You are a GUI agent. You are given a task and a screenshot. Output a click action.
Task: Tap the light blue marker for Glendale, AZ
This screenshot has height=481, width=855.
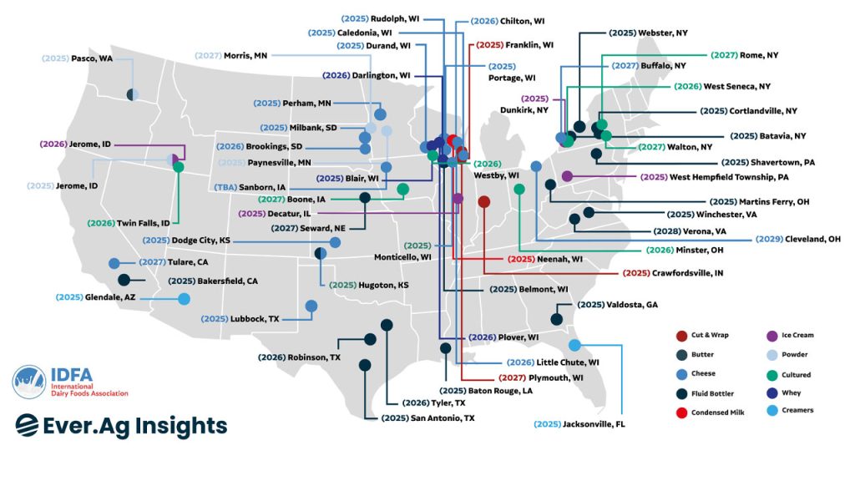184,299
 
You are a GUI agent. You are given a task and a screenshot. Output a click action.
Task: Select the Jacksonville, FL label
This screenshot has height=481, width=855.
579,424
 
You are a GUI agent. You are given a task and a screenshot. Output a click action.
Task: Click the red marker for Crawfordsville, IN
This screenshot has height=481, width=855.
484,201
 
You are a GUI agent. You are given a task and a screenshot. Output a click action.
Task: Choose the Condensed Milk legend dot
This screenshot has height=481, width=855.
681,413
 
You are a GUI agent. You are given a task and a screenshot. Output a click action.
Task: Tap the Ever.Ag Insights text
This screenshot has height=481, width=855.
121,425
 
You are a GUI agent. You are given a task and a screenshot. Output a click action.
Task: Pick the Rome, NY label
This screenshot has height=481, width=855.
745,54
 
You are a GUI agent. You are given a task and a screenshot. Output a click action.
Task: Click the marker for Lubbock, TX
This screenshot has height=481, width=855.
311,306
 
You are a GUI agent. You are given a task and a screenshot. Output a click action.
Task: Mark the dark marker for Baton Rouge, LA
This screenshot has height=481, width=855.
446,348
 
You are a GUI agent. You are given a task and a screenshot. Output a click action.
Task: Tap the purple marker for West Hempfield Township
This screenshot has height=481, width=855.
567,176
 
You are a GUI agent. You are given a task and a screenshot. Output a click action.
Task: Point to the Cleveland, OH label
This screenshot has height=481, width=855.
798,239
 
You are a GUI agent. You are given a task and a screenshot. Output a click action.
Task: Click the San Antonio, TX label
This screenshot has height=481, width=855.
427,418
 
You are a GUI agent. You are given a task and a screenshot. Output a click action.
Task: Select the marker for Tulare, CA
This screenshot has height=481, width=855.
114,264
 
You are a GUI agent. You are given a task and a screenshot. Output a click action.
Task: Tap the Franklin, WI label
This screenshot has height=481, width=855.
513,44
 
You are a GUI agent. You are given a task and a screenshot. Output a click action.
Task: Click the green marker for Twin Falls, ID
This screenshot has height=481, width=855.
178,167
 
